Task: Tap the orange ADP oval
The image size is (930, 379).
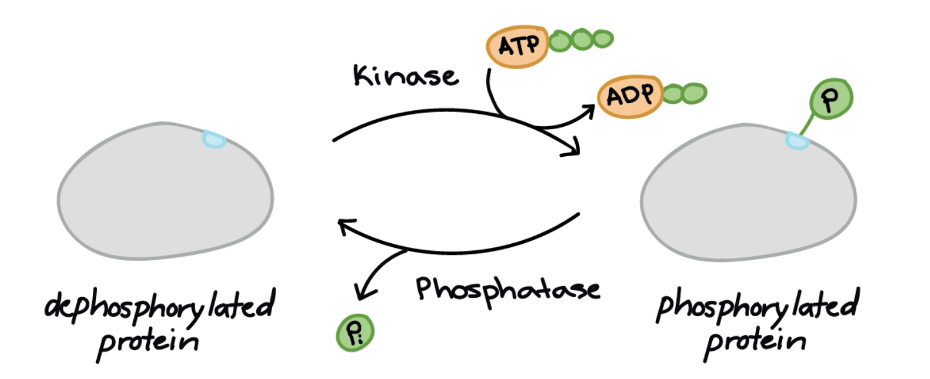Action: [630, 97]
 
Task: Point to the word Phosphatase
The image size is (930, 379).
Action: [508, 289]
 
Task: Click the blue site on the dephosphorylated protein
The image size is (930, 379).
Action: [214, 139]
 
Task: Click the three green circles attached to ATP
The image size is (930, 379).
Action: [581, 40]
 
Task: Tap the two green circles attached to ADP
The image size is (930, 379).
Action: [684, 93]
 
